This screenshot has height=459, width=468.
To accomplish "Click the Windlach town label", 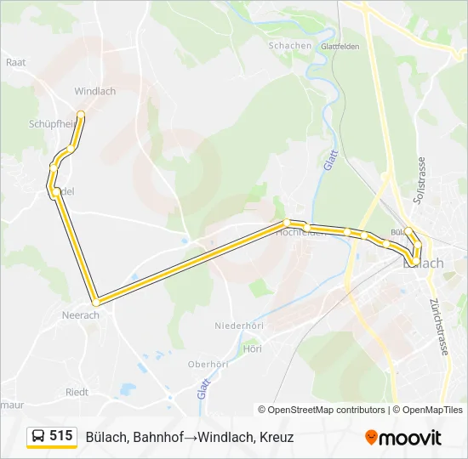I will click(94, 91).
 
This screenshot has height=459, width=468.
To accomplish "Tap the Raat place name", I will click(15, 62).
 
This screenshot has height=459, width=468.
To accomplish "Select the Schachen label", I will click(289, 46).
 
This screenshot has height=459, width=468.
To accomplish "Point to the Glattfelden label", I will click(340, 47).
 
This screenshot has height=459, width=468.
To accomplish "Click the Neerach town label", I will click(81, 314).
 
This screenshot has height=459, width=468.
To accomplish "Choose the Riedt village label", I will click(77, 393).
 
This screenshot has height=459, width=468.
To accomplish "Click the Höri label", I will click(252, 348).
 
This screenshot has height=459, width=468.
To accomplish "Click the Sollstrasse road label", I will click(419, 178).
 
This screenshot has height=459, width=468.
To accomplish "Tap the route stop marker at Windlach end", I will click(81, 114).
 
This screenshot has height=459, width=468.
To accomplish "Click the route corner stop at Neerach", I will click(96, 302).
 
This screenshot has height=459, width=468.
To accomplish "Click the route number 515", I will click(61, 436).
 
